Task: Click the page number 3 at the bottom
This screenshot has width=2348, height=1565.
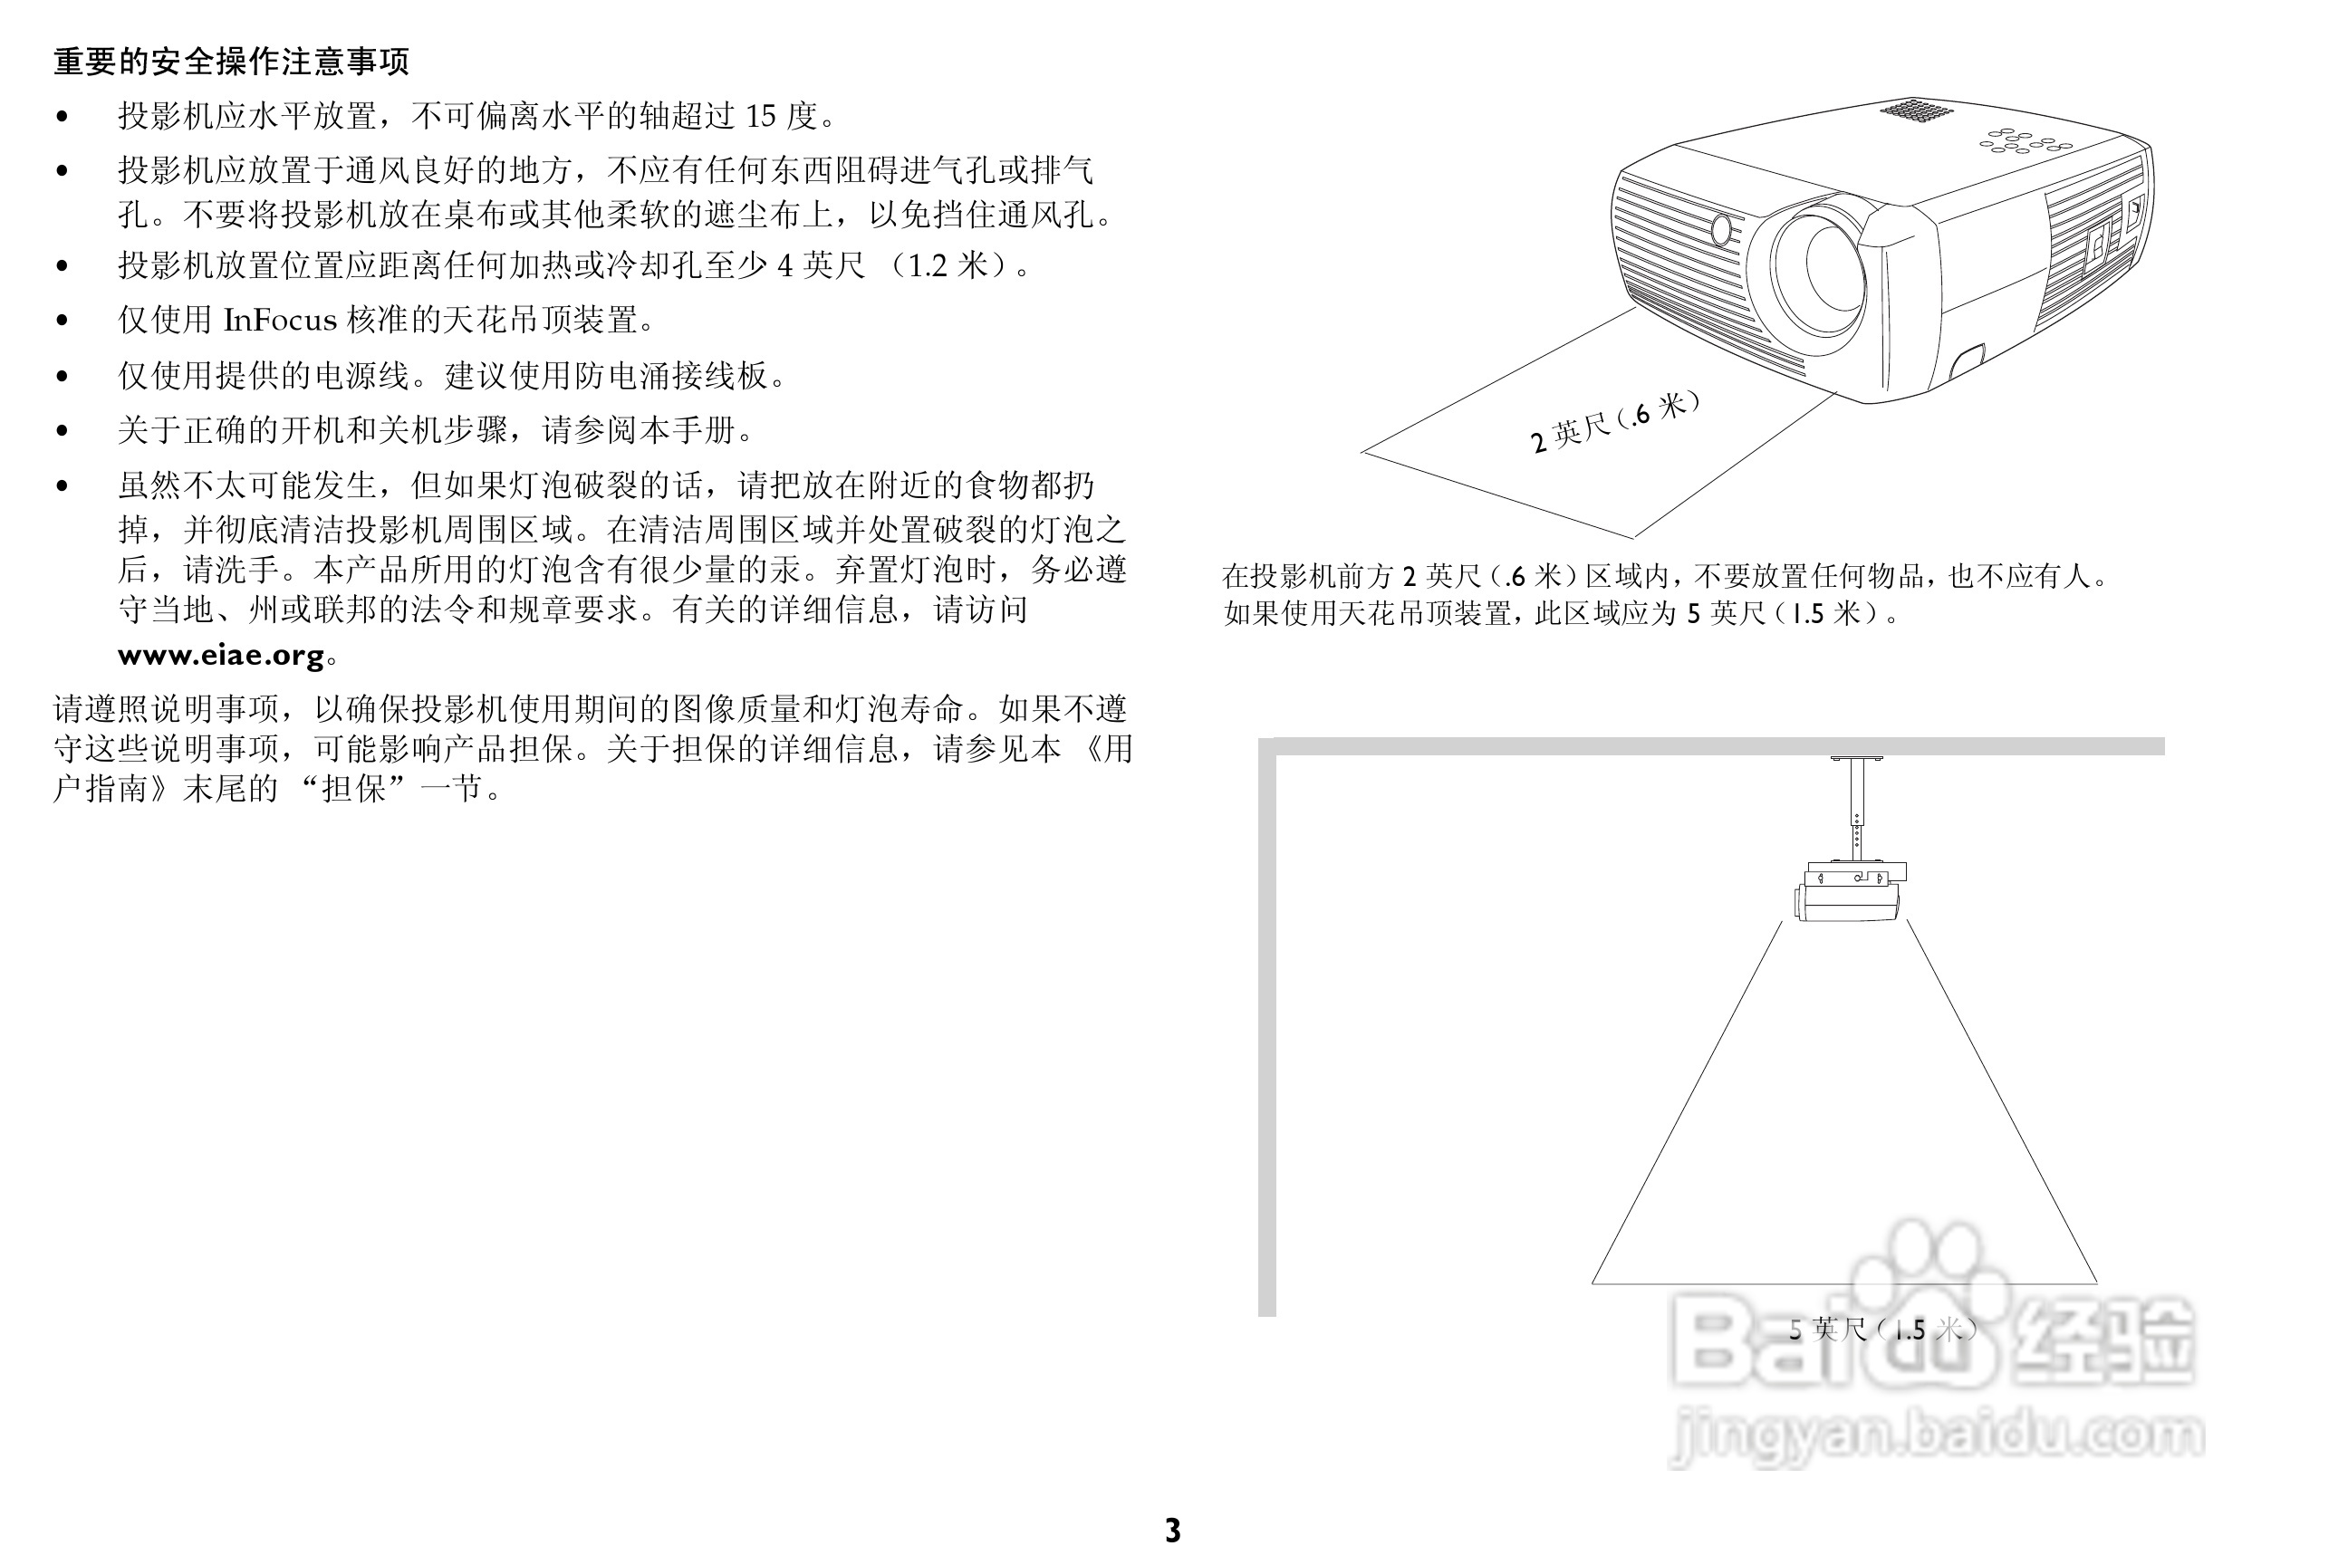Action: coord(1173,1530)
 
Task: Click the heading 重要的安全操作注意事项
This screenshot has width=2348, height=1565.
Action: coord(232,62)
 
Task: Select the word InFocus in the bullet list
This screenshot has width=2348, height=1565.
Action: coord(281,320)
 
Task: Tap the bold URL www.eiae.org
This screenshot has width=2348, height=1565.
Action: coord(221,656)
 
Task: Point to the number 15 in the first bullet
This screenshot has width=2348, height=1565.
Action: coord(760,117)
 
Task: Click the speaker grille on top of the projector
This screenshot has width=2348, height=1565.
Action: coord(1916,109)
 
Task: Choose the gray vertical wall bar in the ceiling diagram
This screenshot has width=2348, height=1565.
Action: coord(1266,1027)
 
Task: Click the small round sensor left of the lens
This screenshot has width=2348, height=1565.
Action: coord(1721,229)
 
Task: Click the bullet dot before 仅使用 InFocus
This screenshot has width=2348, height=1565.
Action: coord(63,321)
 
